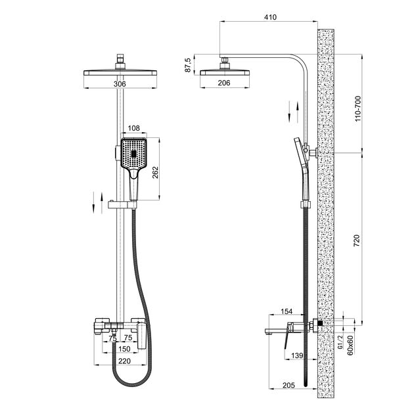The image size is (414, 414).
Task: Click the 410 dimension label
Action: (x=270, y=18)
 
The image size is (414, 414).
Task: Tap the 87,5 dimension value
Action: (x=188, y=65)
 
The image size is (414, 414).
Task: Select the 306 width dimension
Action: (x=120, y=84)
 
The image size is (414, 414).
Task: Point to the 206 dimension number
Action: (x=224, y=83)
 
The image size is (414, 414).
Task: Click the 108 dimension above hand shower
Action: (x=133, y=128)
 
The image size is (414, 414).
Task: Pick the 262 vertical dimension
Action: (x=155, y=172)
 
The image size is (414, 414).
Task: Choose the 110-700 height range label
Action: (x=357, y=108)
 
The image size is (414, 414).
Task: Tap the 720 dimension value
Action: (x=356, y=241)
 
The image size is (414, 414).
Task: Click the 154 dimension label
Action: (x=287, y=311)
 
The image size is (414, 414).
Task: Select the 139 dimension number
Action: (x=297, y=356)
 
